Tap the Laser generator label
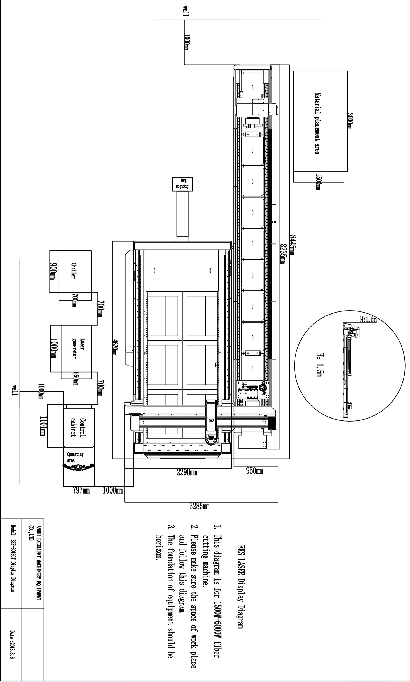click(x=78, y=348)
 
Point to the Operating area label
click(x=75, y=458)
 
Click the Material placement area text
click(x=317, y=123)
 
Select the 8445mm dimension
click(x=292, y=245)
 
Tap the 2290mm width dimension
click(x=187, y=472)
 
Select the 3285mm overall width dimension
click(x=199, y=506)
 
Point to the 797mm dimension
click(x=81, y=490)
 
